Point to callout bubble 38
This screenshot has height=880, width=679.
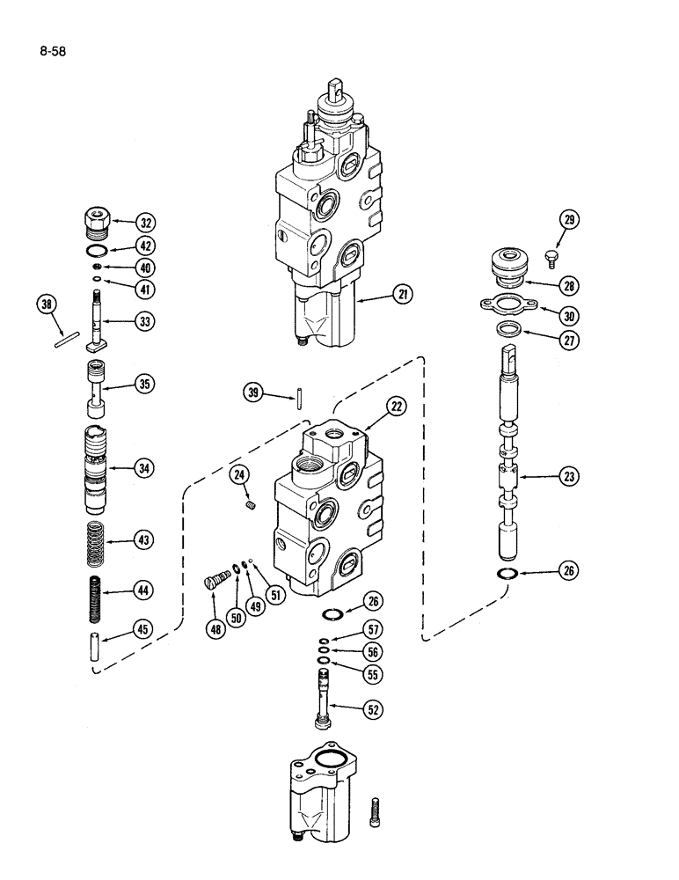tap(46, 305)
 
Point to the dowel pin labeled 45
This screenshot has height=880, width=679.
tap(97, 645)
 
